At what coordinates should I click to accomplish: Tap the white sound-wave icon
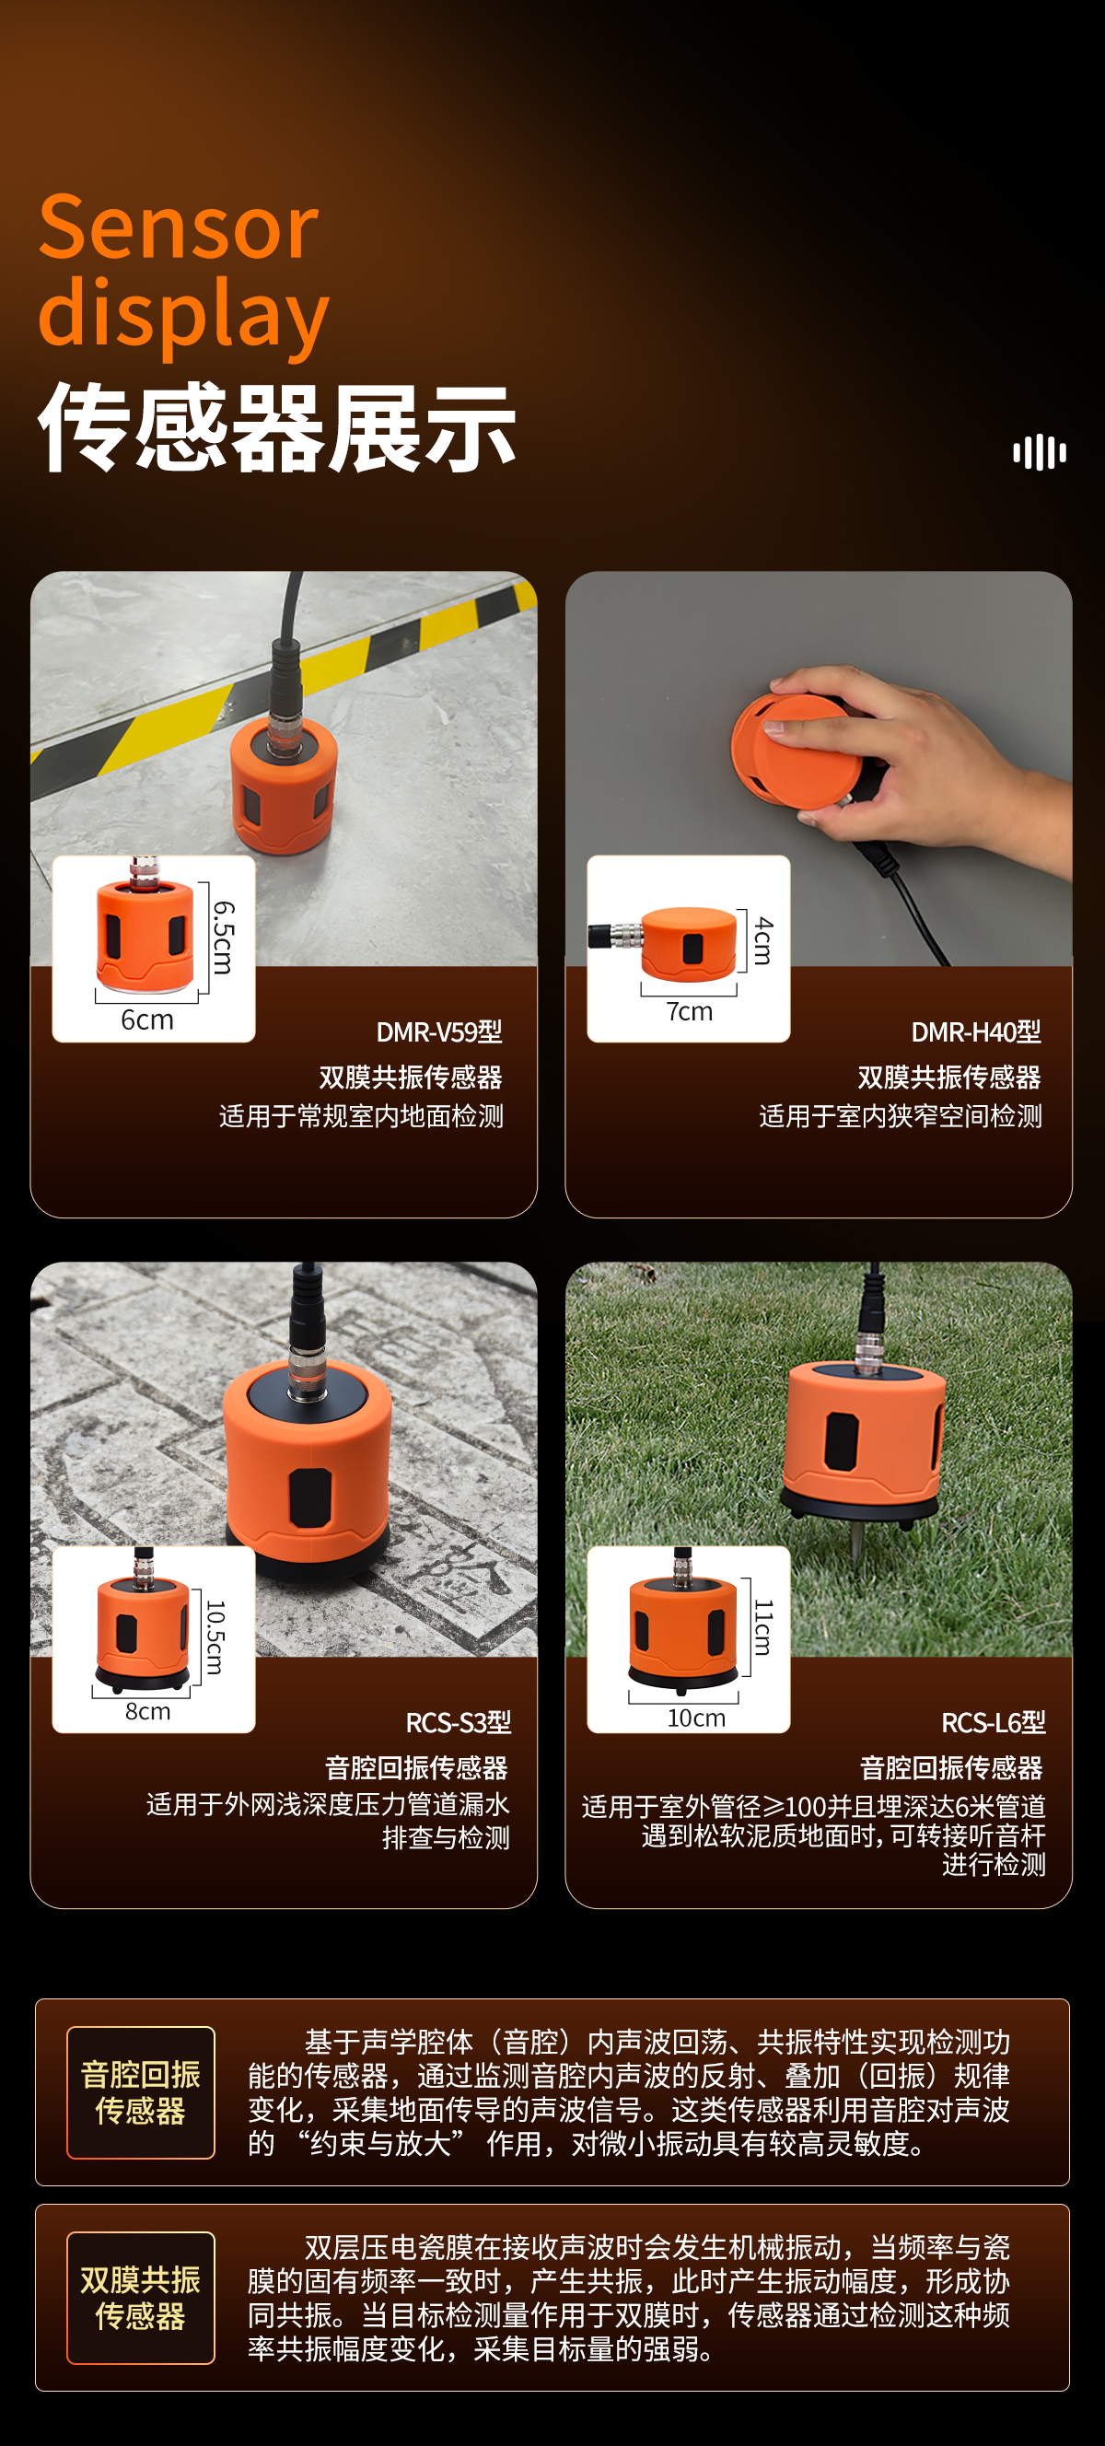pyautogui.click(x=1040, y=452)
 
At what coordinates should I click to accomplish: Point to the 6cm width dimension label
pyautogui.click(x=147, y=1019)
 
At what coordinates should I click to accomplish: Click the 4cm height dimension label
pyautogui.click(x=763, y=941)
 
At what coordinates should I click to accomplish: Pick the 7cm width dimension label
pyautogui.click(x=689, y=1012)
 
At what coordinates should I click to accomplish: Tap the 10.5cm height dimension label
pyautogui.click(x=216, y=1638)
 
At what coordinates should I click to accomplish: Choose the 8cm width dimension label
pyautogui.click(x=148, y=1711)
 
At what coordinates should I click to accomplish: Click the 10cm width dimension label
pyautogui.click(x=696, y=1718)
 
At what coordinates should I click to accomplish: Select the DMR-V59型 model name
pyautogui.click(x=439, y=1032)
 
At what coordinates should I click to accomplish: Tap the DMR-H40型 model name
pyautogui.click(x=976, y=1032)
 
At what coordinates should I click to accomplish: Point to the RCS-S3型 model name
pyautogui.click(x=459, y=1722)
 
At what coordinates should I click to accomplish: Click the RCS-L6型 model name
pyautogui.click(x=993, y=1722)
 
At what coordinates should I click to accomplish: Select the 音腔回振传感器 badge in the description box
pyautogui.click(x=141, y=2091)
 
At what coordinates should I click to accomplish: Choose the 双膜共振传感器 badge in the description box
pyautogui.click(x=141, y=2297)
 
